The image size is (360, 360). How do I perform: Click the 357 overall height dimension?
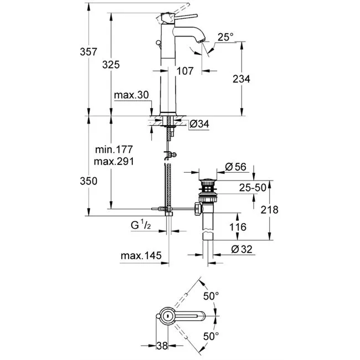(x=89, y=52)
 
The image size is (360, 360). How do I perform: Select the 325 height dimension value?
(x=111, y=64)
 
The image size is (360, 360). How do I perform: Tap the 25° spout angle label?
(x=225, y=37)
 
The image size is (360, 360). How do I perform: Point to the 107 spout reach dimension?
(x=185, y=71)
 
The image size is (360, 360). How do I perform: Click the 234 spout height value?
(x=241, y=79)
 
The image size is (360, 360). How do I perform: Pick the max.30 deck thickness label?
(x=131, y=95)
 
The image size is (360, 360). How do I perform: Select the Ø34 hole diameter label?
(x=199, y=124)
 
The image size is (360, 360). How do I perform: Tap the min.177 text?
(x=114, y=150)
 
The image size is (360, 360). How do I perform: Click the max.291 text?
(x=114, y=161)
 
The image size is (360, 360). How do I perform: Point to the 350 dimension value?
(x=89, y=181)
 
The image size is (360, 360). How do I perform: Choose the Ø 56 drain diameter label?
(x=235, y=167)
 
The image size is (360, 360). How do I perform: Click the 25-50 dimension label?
(x=253, y=188)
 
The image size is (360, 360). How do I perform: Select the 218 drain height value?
(x=269, y=209)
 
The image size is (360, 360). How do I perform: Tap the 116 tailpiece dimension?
(x=238, y=227)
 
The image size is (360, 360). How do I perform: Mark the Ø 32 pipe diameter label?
(x=241, y=249)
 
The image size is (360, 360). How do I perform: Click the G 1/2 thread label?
(x=141, y=225)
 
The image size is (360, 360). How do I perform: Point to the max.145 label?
(x=141, y=255)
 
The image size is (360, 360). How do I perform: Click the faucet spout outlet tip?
(x=202, y=41)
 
